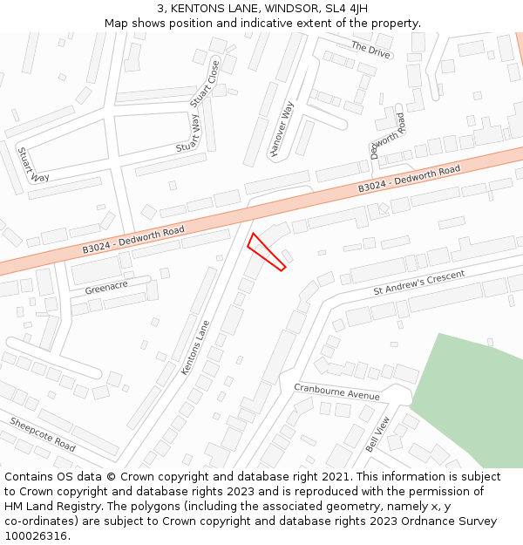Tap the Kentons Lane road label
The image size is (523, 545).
point(195,348)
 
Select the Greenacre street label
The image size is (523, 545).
point(106,286)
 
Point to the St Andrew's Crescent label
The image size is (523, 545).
point(419,283)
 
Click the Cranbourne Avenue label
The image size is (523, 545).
point(336,392)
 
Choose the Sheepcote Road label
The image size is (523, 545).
point(43,433)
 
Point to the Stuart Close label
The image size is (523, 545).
point(205,84)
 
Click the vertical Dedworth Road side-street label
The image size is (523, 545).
point(387,136)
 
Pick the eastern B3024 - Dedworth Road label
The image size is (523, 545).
point(409,179)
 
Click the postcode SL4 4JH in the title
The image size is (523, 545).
point(346,9)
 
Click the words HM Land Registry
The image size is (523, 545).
point(51,506)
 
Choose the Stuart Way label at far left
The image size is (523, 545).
point(34,165)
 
